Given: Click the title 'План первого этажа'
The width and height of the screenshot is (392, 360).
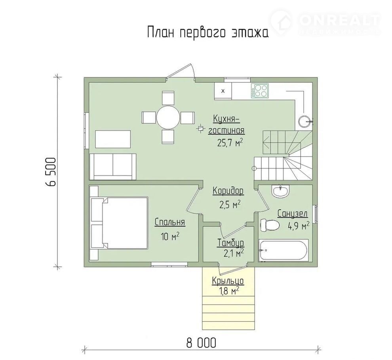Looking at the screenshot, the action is (208, 32).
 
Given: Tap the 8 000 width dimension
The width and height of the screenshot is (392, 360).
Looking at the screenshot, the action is (201, 343).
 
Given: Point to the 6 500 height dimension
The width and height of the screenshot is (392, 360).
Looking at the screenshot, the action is (51, 171).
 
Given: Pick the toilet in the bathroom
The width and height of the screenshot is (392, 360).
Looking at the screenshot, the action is (270, 225).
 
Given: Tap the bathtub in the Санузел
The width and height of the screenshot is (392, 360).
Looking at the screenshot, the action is (283, 250).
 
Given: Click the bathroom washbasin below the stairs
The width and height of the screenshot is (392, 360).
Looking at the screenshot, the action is (281, 191).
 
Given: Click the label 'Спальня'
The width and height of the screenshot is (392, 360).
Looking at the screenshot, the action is (170, 222).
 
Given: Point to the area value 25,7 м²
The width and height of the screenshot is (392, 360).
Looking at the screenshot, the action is (230, 143).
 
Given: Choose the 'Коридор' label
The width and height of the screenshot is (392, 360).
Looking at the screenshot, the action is (228, 191).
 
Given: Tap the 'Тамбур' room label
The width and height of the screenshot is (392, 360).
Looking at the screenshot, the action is (230, 243).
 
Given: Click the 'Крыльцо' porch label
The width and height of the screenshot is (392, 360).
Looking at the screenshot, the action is (228, 281).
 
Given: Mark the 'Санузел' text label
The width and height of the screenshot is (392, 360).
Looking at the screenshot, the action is (292, 214).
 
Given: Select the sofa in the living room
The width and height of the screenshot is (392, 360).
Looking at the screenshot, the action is (113, 167).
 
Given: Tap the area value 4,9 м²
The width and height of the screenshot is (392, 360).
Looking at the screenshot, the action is (299, 226).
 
